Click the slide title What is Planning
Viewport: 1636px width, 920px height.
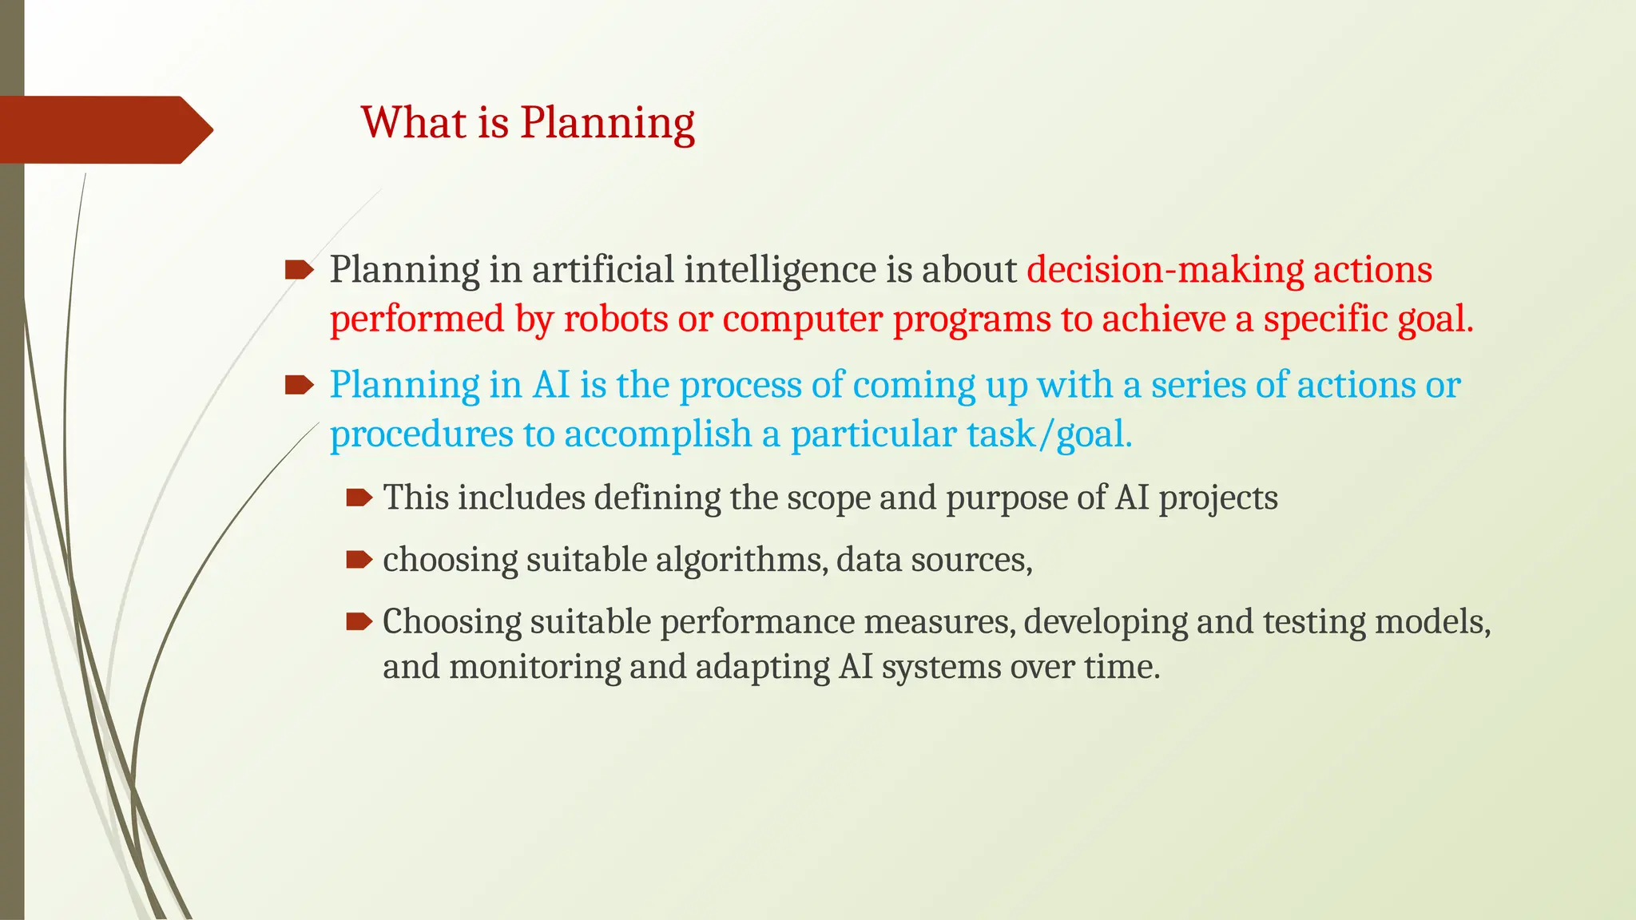point(527,123)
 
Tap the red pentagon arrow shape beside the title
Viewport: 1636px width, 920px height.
point(104,130)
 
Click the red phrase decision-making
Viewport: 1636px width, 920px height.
point(1165,270)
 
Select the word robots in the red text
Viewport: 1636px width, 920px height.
point(615,319)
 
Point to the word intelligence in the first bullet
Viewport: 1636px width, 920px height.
point(780,270)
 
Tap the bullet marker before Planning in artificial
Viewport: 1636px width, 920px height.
point(299,270)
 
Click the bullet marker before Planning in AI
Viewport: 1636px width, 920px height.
point(299,386)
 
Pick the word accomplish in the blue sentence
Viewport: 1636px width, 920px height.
point(657,435)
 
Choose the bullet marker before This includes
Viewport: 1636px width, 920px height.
point(359,499)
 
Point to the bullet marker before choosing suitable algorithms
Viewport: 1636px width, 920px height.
point(359,561)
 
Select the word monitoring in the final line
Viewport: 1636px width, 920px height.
point(534,668)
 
